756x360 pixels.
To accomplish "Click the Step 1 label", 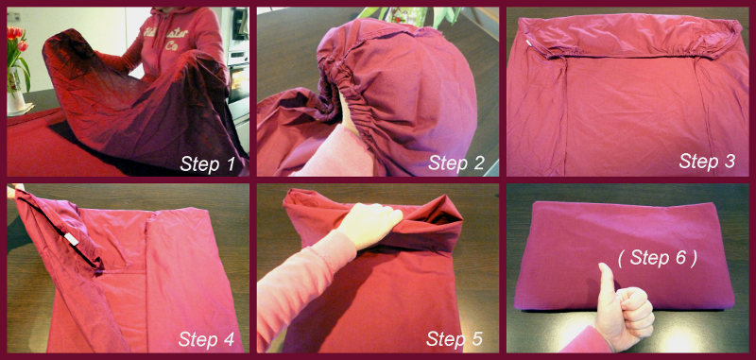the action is tap(207, 163).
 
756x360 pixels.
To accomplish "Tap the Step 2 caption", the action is tap(455, 163).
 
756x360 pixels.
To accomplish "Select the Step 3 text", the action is tap(707, 161).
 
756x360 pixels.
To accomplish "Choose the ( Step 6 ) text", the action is tap(658, 258).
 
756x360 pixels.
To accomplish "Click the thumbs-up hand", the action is tap(625, 307).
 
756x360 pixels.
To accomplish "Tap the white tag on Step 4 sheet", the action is tap(72, 237).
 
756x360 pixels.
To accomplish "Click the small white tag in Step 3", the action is tap(528, 43).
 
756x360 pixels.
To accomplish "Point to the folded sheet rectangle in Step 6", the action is tap(624, 255).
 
